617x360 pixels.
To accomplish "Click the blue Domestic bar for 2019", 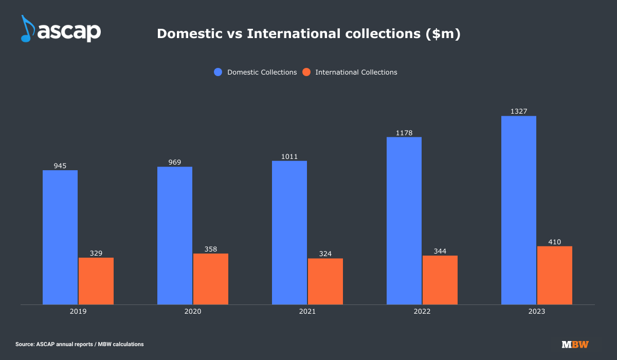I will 60,237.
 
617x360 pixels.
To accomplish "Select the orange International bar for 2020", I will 211,279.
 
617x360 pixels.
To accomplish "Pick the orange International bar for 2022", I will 440,280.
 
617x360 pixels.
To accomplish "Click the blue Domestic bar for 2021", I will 289,232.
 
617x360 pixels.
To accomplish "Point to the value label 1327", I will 519,111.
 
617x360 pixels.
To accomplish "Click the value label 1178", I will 404,133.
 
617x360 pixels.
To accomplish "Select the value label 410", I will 554,242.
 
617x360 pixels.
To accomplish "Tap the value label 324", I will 325,254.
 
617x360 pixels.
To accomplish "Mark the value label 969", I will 175,162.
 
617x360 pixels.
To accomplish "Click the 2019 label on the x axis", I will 78,312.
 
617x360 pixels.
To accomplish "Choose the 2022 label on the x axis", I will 422,312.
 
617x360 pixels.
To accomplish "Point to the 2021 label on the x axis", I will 307,312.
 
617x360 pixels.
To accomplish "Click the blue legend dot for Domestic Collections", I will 218,73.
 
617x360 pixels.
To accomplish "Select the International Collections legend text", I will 356,73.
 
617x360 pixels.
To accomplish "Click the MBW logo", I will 575,344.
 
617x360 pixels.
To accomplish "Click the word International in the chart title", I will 286,34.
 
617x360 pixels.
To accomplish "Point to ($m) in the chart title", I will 443,34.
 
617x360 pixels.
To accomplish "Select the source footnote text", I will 80,344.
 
